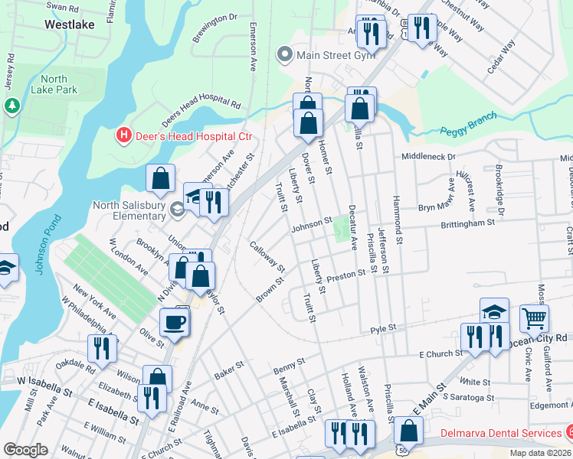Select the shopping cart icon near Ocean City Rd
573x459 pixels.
click(534, 317)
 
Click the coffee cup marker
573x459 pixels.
click(174, 321)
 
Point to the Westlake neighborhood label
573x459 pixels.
click(70, 24)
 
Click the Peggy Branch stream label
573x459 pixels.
click(468, 124)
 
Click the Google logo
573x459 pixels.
click(25, 450)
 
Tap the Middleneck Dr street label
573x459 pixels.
click(429, 156)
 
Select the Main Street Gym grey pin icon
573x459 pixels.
click(286, 54)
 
